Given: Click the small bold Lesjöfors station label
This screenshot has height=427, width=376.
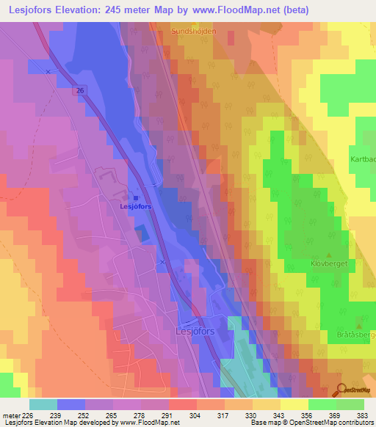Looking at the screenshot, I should [136, 207].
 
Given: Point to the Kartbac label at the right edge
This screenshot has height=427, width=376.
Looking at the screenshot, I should [362, 158].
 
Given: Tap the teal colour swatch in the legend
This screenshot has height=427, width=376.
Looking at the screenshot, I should [43, 404].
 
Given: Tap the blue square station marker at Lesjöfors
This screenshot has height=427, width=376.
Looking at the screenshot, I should [136, 197].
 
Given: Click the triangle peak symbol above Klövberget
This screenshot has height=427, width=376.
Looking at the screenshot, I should [317, 254].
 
